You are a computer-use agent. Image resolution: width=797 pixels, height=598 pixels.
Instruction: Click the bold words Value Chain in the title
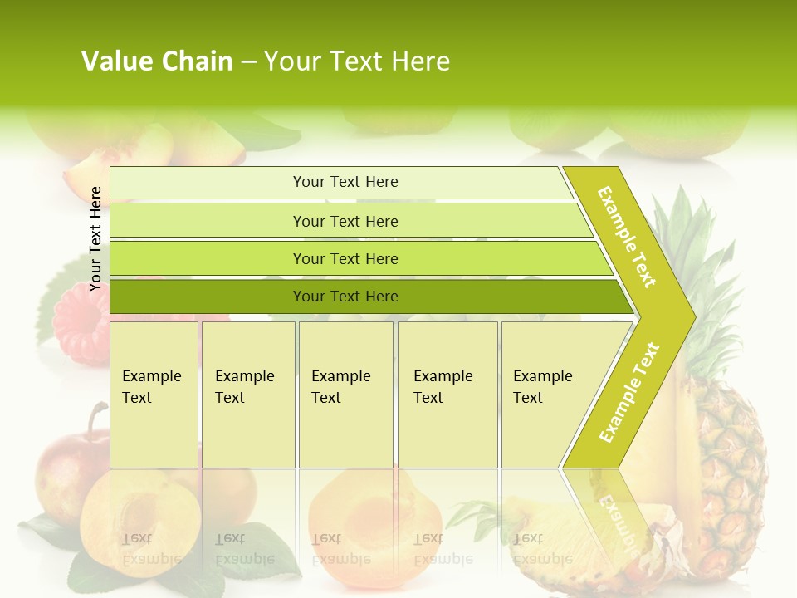click(157, 61)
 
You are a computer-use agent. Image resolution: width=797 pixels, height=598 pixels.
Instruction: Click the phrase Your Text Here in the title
click(357, 61)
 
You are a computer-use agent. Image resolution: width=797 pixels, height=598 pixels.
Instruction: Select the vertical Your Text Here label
click(95, 238)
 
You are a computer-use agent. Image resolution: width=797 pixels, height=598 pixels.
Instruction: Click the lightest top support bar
click(340, 182)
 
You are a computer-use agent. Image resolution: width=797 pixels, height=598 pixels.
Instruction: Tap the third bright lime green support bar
click(357, 258)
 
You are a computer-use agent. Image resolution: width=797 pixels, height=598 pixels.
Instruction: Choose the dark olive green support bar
click(365, 297)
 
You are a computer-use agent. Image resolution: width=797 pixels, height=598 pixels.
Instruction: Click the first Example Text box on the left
click(154, 395)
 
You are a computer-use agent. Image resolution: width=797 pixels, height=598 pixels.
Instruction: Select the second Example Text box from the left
click(248, 395)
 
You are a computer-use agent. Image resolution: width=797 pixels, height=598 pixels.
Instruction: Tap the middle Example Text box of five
click(345, 395)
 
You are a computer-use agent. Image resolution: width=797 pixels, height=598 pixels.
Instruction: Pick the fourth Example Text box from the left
click(447, 395)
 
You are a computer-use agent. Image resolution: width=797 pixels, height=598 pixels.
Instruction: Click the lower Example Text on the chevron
click(629, 392)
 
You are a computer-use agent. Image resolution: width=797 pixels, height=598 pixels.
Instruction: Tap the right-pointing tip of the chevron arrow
click(689, 316)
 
